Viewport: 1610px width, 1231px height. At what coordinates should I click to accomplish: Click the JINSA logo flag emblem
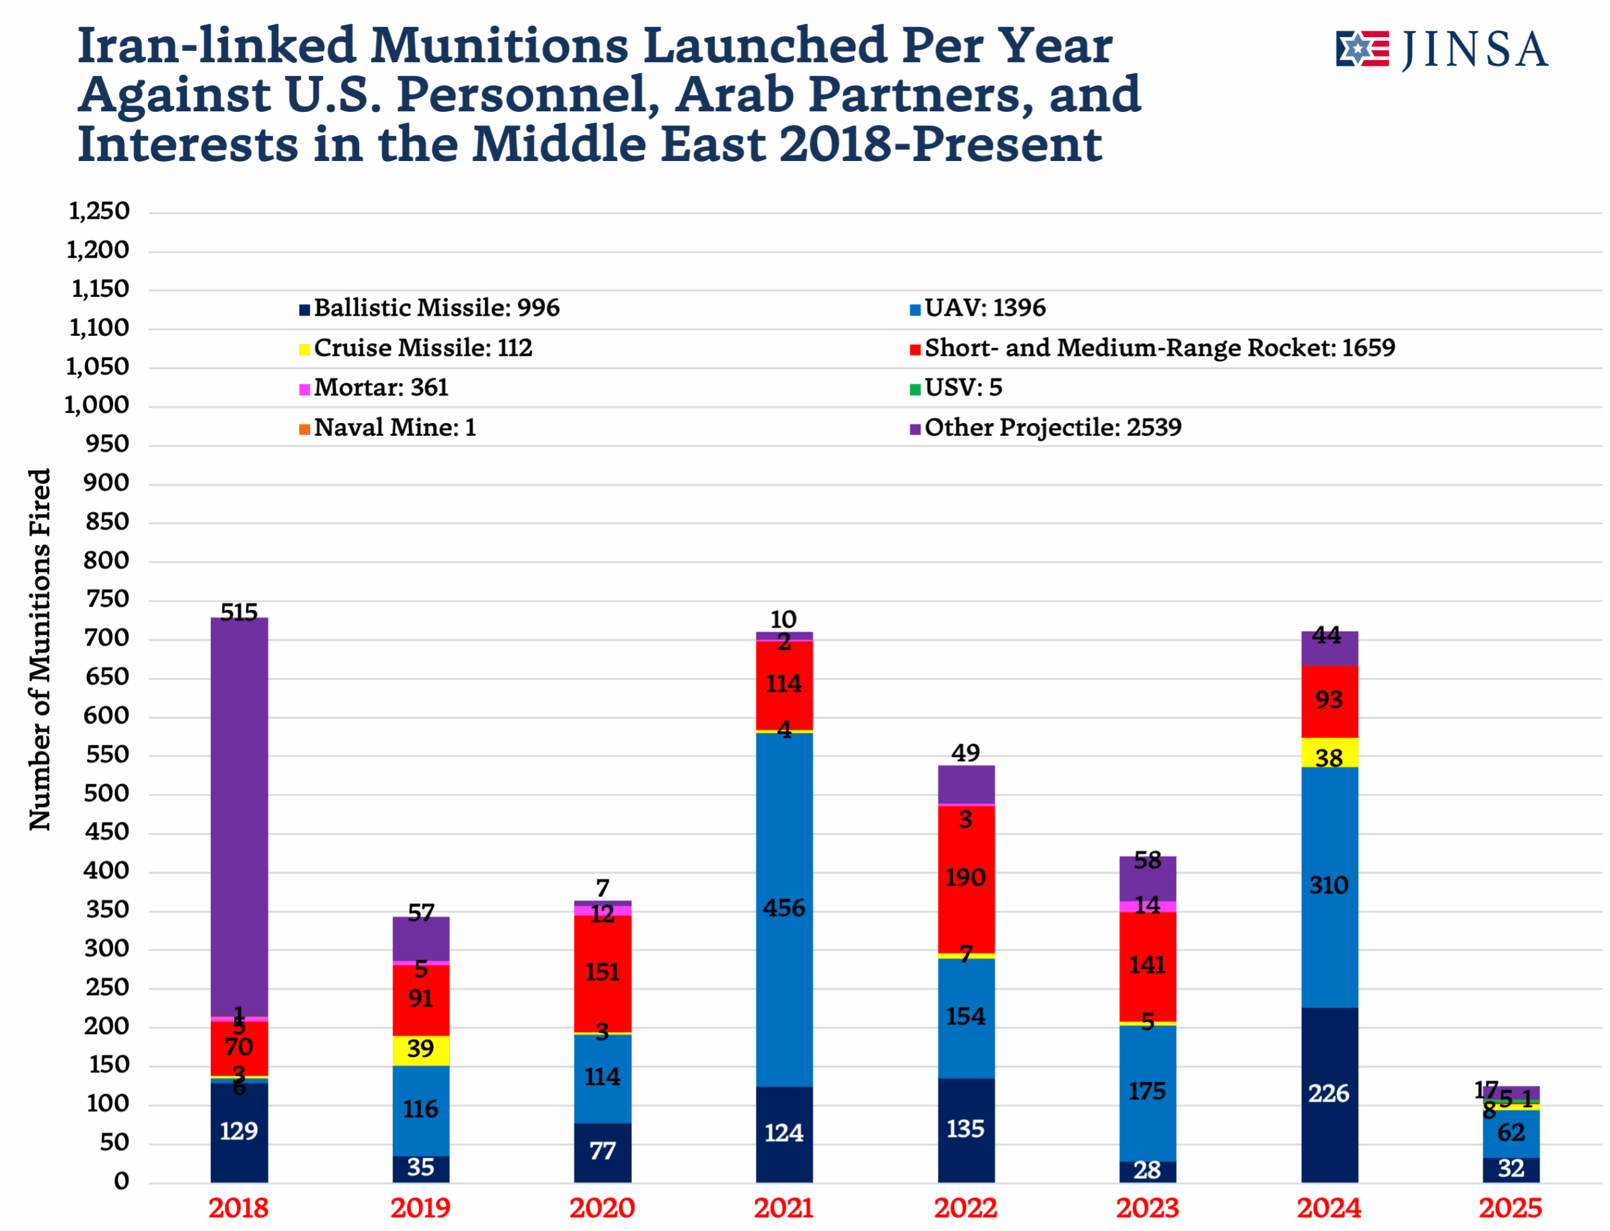click(x=1362, y=49)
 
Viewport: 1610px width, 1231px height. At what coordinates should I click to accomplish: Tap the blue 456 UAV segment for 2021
click(x=784, y=908)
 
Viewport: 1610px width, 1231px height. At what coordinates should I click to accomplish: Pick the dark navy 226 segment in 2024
click(x=1329, y=1094)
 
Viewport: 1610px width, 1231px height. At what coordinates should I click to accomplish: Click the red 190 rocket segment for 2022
click(x=966, y=878)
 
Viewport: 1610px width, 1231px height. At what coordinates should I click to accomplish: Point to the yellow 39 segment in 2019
click(x=421, y=1050)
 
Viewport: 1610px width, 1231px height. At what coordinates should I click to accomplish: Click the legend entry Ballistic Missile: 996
click(x=436, y=308)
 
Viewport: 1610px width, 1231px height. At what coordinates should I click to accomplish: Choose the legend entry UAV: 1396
click(x=984, y=308)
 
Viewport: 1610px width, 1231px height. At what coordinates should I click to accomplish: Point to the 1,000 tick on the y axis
click(x=97, y=406)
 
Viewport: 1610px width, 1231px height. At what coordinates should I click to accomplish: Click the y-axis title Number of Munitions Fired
click(x=40, y=649)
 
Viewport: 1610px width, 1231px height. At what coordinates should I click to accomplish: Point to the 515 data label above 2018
click(x=239, y=612)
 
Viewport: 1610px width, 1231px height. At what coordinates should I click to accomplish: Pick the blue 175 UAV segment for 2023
click(x=1147, y=1092)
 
